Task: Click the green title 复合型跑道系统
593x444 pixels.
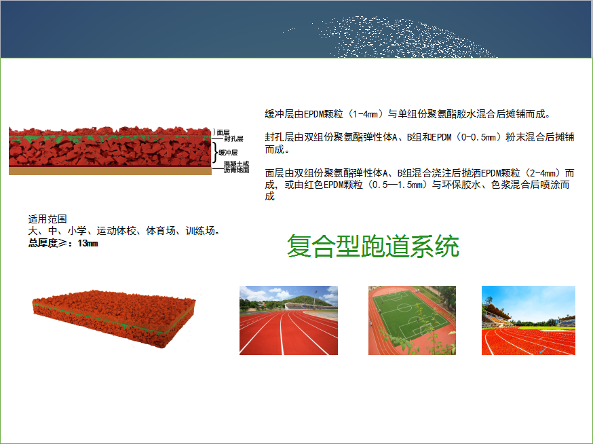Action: (373, 246)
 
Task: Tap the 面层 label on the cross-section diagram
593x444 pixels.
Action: (223, 132)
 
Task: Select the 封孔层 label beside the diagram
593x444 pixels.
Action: (233, 138)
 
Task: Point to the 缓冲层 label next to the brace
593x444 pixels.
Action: (228, 153)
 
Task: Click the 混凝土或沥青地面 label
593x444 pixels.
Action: (236, 167)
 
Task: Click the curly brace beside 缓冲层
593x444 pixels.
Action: (215, 152)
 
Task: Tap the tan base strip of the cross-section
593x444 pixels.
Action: (110, 171)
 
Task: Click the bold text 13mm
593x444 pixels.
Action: (88, 244)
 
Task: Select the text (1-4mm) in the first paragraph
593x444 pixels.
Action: (365, 114)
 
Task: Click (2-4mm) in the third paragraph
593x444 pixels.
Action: (543, 173)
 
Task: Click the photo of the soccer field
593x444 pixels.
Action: (412, 320)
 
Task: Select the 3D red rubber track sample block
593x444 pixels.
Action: (114, 318)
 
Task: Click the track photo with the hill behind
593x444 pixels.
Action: (288, 320)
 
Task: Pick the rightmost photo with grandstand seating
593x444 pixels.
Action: (529, 320)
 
